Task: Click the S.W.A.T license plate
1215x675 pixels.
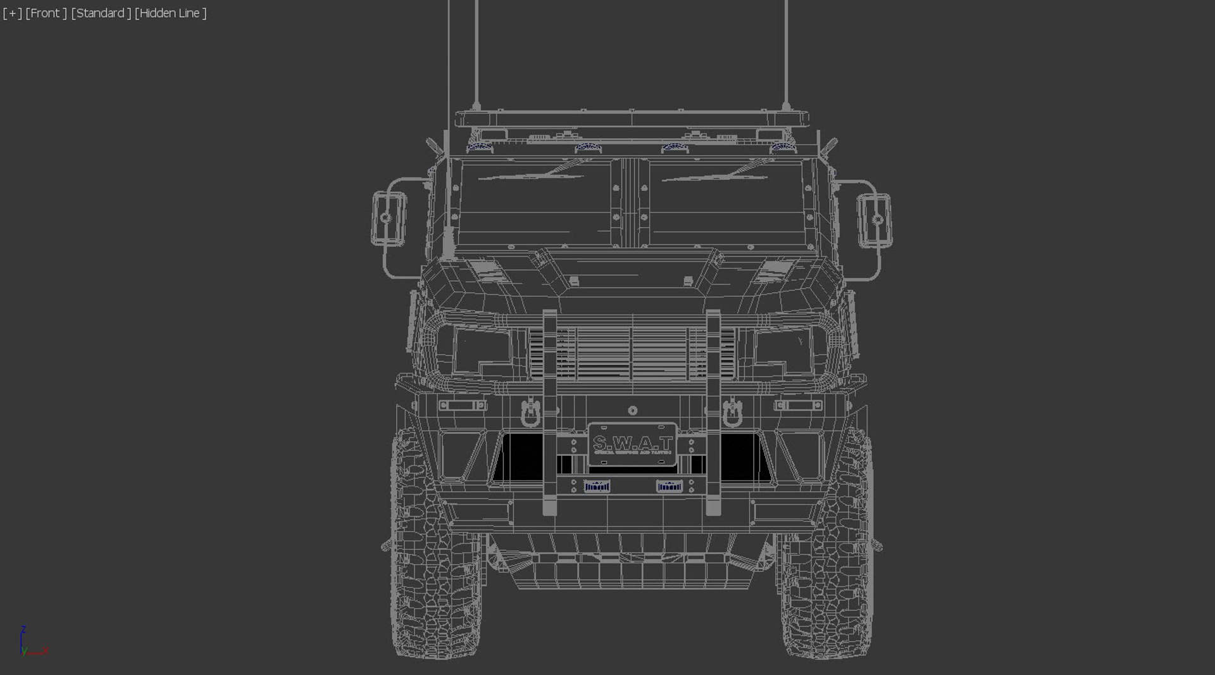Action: click(x=632, y=444)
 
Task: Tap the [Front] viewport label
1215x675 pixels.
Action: click(x=46, y=13)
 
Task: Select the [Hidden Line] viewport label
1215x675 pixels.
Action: click(x=171, y=13)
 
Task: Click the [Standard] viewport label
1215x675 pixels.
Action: click(x=101, y=13)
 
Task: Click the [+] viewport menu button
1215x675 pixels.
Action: click(x=12, y=13)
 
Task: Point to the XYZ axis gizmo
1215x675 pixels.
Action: click(x=28, y=643)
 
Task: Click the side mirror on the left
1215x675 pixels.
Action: click(x=389, y=218)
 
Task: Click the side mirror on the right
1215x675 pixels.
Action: click(x=875, y=219)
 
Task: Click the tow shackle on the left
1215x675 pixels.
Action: click(x=530, y=412)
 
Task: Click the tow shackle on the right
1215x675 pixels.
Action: click(x=732, y=412)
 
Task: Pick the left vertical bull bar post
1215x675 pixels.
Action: click(x=549, y=412)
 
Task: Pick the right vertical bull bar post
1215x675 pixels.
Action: click(x=713, y=412)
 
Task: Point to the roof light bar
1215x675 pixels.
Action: click(x=631, y=118)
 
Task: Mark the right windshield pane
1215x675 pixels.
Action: click(x=728, y=203)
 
